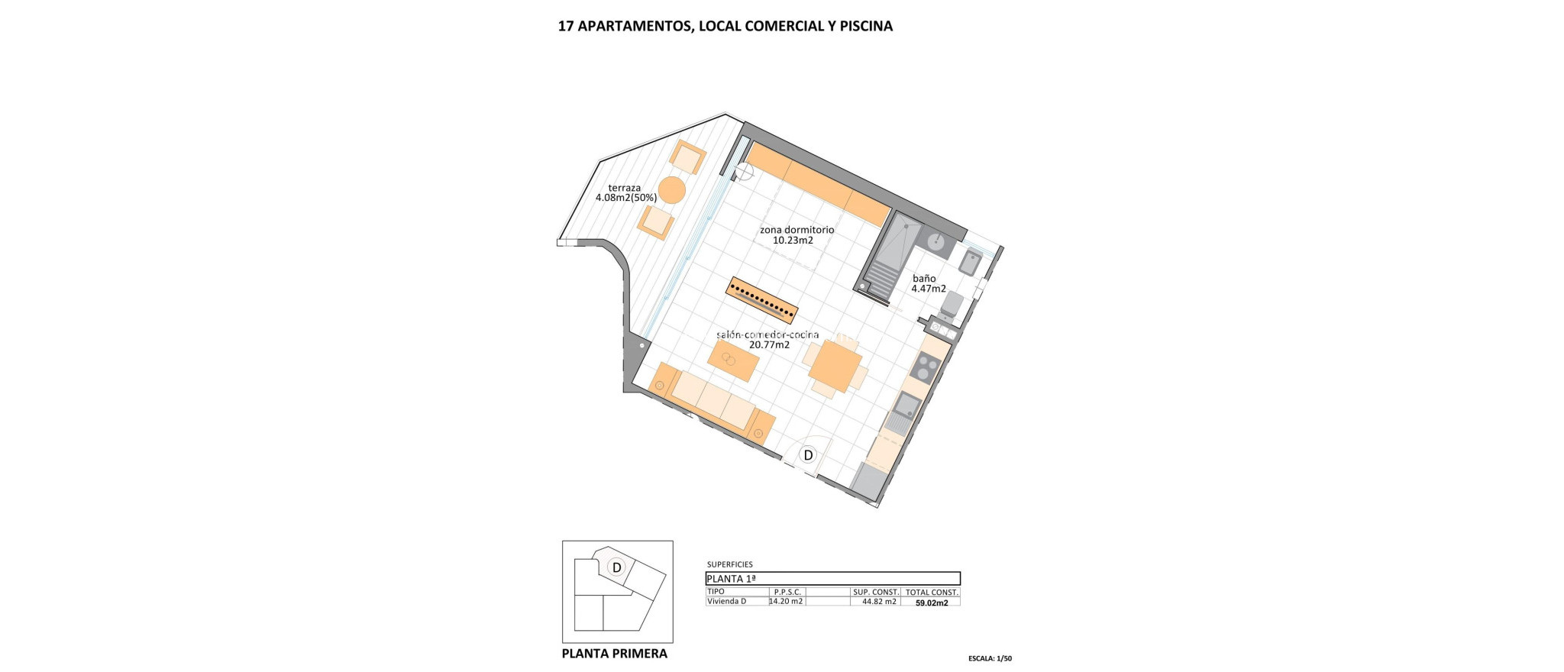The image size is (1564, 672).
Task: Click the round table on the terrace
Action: [x=137, y=189]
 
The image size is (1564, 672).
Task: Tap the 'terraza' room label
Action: [x=625, y=188]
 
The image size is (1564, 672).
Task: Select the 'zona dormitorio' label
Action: [x=797, y=230]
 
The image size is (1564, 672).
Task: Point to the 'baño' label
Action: [x=924, y=279]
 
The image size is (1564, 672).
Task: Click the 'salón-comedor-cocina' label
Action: [x=767, y=334]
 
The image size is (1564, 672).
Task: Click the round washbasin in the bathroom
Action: [x=936, y=241]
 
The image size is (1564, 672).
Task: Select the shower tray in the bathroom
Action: [x=893, y=260]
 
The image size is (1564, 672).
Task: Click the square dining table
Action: [x=835, y=367]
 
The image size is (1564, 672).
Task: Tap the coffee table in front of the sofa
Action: [x=199, y=360]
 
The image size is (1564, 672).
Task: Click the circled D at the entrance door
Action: [x=807, y=456]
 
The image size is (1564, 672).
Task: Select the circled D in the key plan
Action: [x=616, y=567]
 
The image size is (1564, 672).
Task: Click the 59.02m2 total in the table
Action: [x=932, y=603]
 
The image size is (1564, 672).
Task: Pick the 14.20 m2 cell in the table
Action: [x=787, y=602]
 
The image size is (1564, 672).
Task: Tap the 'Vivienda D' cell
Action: [x=726, y=602]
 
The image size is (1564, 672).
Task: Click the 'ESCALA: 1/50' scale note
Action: [x=989, y=658]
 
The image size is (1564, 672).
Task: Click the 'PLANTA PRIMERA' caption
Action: [x=614, y=654]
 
